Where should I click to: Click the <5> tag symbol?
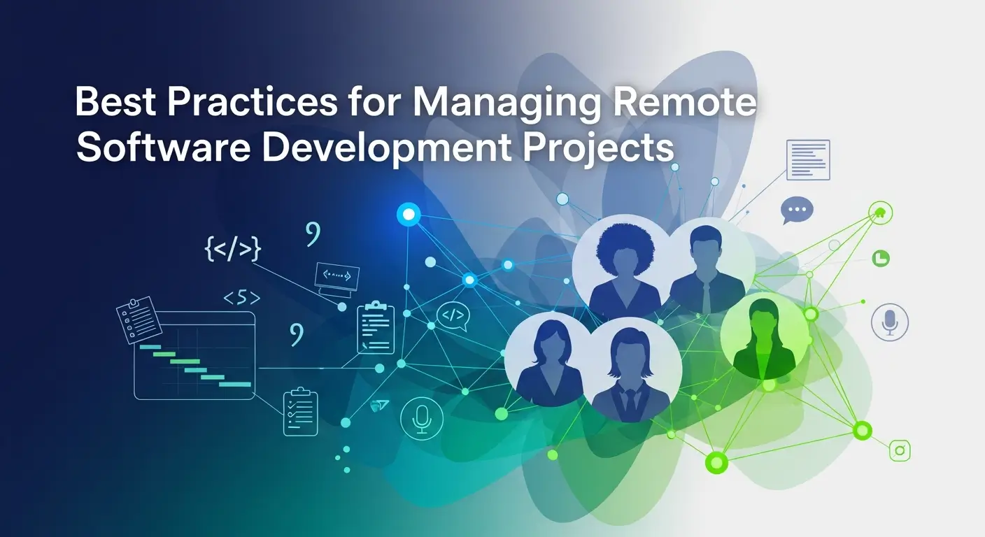tap(241, 299)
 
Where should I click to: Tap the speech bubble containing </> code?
tap(452, 316)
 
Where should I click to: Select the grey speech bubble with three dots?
tap(797, 209)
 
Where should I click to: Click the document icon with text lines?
tap(808, 159)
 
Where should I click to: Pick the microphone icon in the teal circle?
tap(421, 417)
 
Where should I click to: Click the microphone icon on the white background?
tap(889, 322)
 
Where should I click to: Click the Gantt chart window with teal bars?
tap(194, 357)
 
